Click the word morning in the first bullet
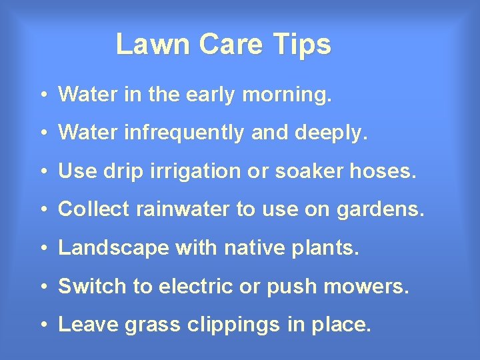(x=287, y=95)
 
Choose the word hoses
(x=388, y=171)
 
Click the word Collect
(x=94, y=209)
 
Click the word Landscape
(x=113, y=248)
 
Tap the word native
(x=250, y=248)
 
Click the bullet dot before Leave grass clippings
(x=42, y=325)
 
